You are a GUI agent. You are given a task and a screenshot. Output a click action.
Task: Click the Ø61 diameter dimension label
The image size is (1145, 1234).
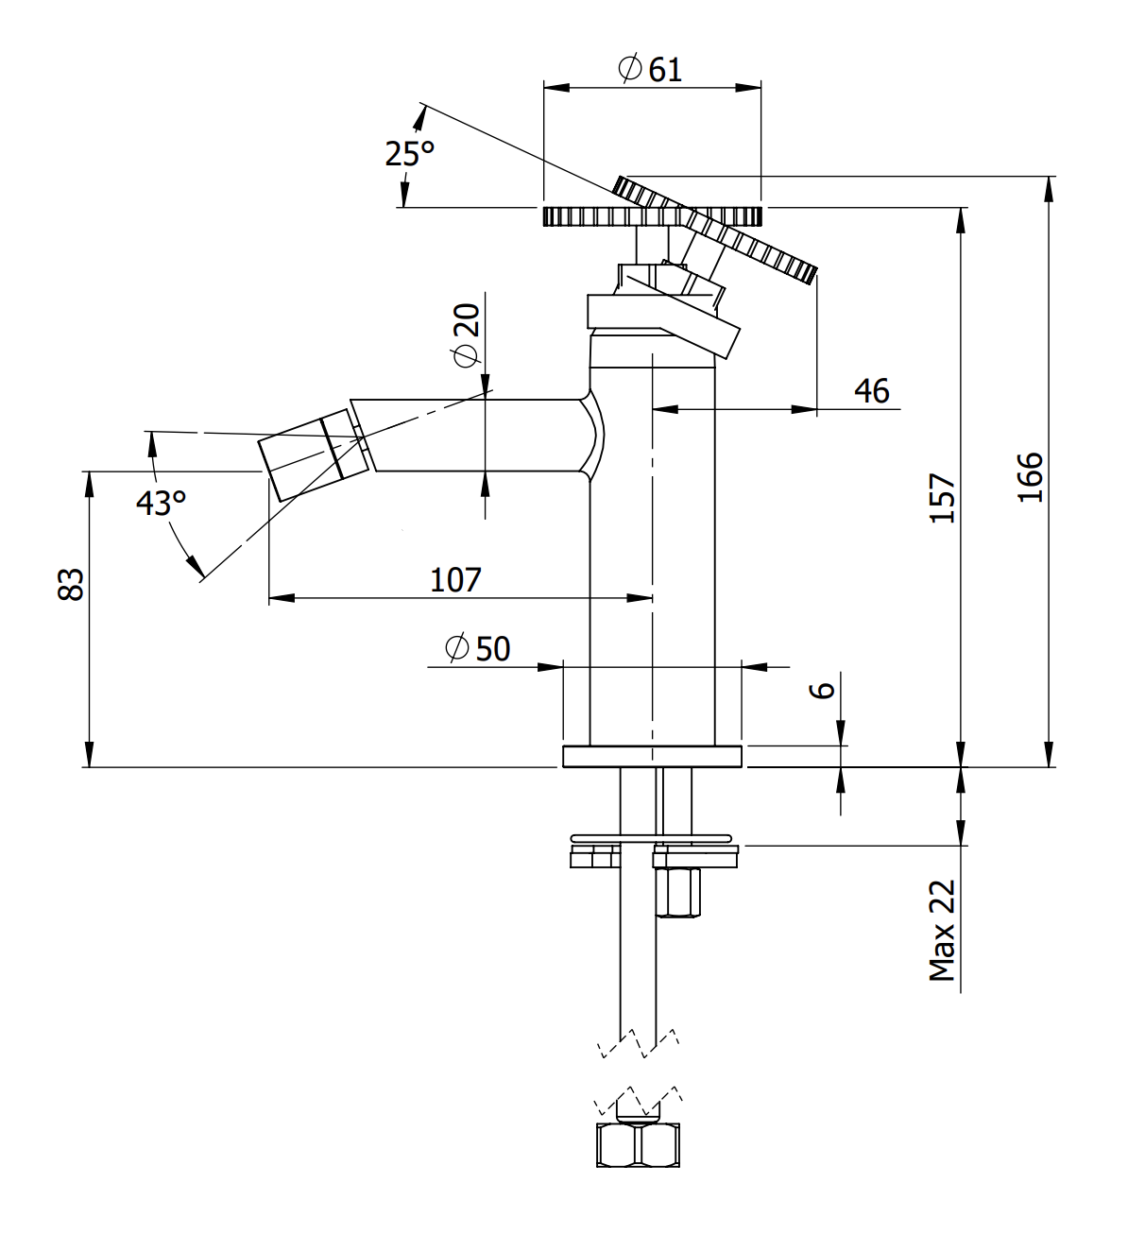[650, 69]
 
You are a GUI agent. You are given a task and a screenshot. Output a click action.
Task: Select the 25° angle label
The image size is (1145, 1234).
[409, 152]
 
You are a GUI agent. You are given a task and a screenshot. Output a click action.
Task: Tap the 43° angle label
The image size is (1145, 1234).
[161, 502]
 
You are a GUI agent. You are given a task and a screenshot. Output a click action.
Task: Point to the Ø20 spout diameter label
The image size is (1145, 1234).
[467, 334]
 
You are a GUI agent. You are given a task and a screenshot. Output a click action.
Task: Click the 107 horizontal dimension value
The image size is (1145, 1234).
[455, 579]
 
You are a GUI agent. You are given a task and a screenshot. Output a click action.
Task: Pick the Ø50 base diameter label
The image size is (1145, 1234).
[478, 648]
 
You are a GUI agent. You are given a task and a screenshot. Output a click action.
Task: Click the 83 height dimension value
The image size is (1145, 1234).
[72, 584]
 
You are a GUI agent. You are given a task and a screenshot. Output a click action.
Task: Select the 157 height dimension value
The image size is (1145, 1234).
[943, 498]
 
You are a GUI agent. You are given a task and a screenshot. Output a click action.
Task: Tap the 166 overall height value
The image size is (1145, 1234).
[1031, 477]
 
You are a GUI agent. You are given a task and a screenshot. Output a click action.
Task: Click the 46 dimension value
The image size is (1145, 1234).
[871, 390]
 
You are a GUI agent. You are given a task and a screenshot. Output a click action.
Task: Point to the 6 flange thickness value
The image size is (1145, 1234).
[823, 690]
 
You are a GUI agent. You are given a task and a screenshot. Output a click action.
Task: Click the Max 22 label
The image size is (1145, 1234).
[942, 932]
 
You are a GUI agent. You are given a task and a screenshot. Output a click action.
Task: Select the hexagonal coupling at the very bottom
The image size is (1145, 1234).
[638, 1144]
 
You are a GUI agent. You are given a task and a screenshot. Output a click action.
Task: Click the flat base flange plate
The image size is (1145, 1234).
[652, 756]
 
